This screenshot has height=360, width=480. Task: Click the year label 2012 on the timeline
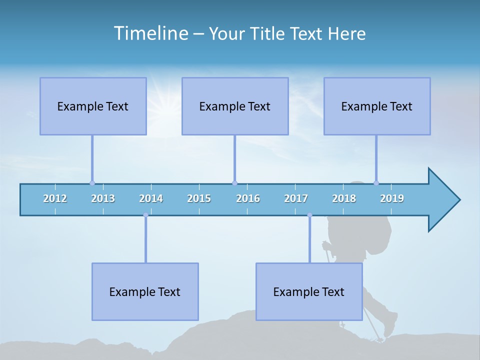pos(55,198)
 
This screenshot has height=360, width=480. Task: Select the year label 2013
pos(103,198)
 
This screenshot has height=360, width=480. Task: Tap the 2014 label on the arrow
pos(151,198)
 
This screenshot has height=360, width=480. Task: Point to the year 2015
pos(199,198)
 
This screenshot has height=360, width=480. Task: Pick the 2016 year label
pos(248,198)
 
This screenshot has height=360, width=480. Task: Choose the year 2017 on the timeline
pos(296,198)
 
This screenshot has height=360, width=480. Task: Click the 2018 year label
pos(344,198)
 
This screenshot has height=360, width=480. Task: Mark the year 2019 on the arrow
pos(392,198)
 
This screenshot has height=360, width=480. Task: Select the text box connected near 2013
pos(93,106)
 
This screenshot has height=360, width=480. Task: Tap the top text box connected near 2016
pos(235,106)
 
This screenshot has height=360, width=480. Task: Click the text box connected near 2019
pos(377,106)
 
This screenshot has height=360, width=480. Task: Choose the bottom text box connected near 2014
pos(145,291)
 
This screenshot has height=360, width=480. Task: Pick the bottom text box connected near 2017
pos(309,291)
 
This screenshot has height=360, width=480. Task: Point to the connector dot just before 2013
pos(92,183)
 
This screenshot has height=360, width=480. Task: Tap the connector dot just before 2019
pos(376,183)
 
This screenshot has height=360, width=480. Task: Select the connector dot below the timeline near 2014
pos(145,215)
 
